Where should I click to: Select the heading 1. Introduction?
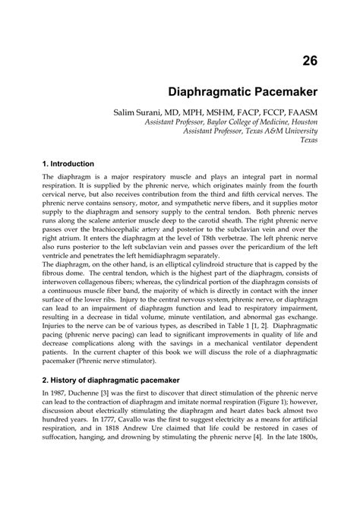pos(68,163)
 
